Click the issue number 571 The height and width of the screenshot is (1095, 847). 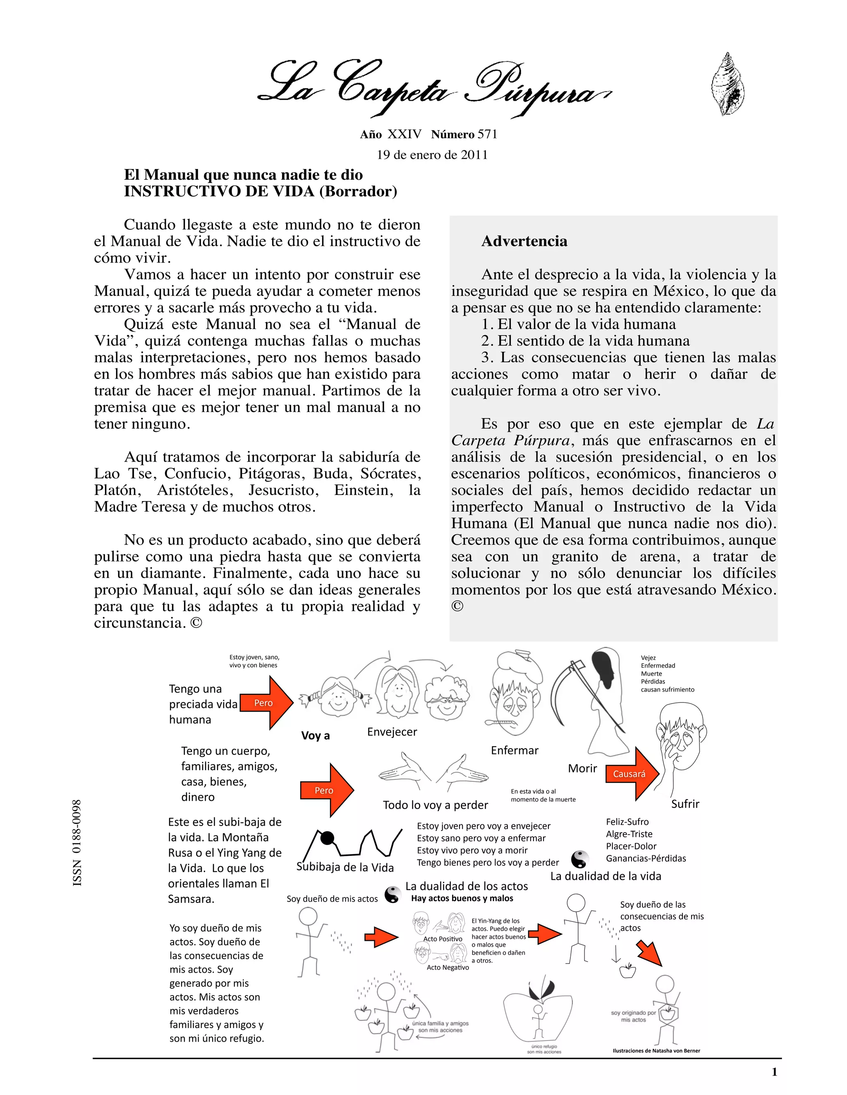coord(487,134)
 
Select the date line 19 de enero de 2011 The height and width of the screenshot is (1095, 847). coord(432,155)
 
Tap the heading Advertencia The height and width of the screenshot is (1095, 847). coord(524,241)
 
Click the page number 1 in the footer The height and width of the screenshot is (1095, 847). coord(774,1071)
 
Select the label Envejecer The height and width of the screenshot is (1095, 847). coord(392,732)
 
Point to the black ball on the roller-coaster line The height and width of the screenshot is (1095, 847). coord(327,837)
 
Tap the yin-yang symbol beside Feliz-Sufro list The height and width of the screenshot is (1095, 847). coord(579,859)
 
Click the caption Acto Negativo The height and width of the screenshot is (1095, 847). coord(447,967)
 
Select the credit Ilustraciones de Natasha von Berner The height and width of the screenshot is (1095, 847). coord(656,1050)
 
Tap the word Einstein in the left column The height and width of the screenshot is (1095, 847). coord(364,490)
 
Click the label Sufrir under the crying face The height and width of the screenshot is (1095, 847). coord(685,804)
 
